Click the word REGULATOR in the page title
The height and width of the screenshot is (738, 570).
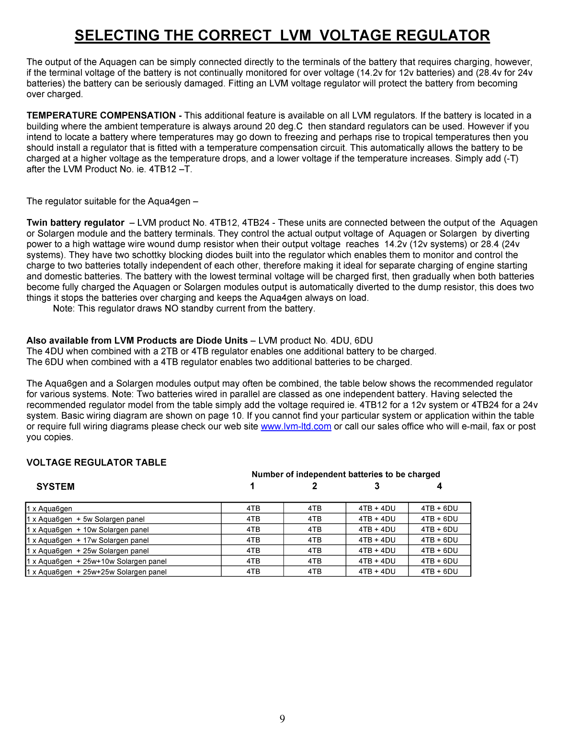pyautogui.click(x=441, y=35)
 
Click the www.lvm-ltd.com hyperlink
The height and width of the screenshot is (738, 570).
pyautogui.click(x=296, y=427)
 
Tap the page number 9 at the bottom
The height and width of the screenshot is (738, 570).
pyautogui.click(x=282, y=718)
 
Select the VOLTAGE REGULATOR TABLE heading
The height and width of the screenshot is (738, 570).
pyautogui.click(x=96, y=462)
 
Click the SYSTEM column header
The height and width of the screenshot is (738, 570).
pyautogui.click(x=56, y=486)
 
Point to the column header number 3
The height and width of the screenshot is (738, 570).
pyautogui.click(x=377, y=486)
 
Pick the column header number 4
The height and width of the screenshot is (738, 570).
pyautogui.click(x=439, y=486)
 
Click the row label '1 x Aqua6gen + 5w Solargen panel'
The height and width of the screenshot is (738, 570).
pyautogui.click(x=86, y=519)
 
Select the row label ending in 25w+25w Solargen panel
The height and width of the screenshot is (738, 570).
pyautogui.click(x=97, y=572)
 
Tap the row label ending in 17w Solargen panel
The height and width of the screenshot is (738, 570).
pyautogui.click(x=88, y=540)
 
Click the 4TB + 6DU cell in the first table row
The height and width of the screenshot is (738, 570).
pyautogui.click(x=439, y=508)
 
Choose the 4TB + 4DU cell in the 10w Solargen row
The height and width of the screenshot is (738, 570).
pyautogui.click(x=377, y=530)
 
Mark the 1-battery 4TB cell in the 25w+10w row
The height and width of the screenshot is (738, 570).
pyautogui.click(x=253, y=561)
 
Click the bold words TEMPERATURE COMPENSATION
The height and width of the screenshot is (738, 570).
pyautogui.click(x=101, y=115)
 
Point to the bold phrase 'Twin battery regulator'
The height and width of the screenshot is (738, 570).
pyautogui.click(x=75, y=223)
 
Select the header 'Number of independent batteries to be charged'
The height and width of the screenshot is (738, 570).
pyautogui.click(x=345, y=474)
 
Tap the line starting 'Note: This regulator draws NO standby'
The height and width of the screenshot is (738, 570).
pyautogui.click(x=184, y=309)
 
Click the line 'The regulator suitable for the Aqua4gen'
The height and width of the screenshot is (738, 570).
pyautogui.click(x=112, y=201)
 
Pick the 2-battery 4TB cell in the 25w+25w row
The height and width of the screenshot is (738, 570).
pyautogui.click(x=315, y=572)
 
